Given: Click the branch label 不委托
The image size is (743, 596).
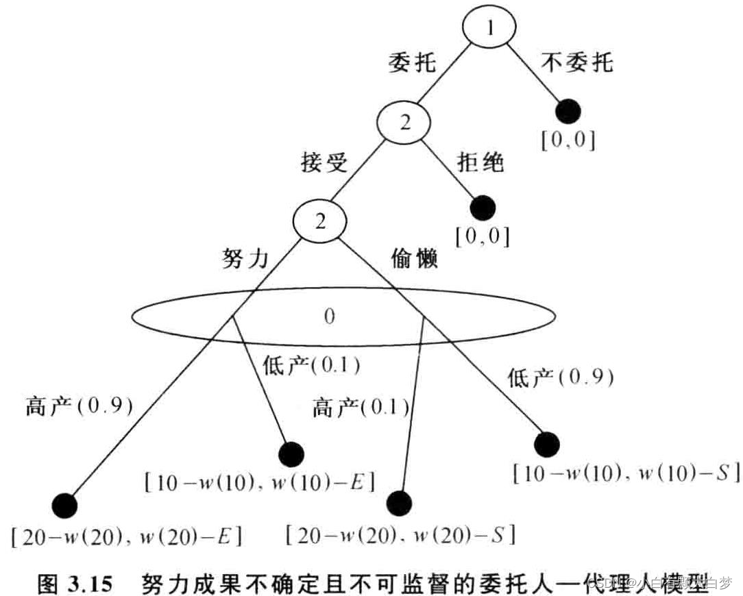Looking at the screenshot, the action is (x=577, y=63).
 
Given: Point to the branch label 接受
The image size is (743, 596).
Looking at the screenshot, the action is (x=324, y=163).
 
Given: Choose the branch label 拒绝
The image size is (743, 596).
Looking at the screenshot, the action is (x=480, y=162).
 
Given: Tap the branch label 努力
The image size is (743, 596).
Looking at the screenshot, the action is (x=244, y=260).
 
